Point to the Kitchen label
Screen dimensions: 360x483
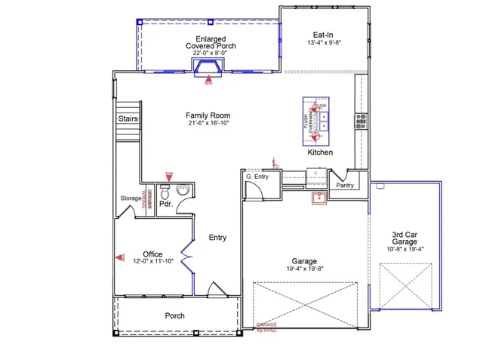(x=320, y=152)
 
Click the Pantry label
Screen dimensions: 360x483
(x=345, y=184)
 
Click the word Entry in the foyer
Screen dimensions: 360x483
(x=217, y=238)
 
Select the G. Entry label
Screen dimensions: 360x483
(x=258, y=177)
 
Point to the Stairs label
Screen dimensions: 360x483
(x=126, y=119)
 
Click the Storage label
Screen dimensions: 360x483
(x=131, y=199)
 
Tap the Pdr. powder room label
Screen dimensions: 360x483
(x=165, y=204)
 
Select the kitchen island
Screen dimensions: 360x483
(x=318, y=120)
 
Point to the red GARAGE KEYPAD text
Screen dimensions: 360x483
(x=266, y=326)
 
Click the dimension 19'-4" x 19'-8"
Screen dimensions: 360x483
(x=304, y=268)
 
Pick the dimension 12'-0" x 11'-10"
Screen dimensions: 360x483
(x=152, y=262)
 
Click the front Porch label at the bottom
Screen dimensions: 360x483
(x=174, y=315)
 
